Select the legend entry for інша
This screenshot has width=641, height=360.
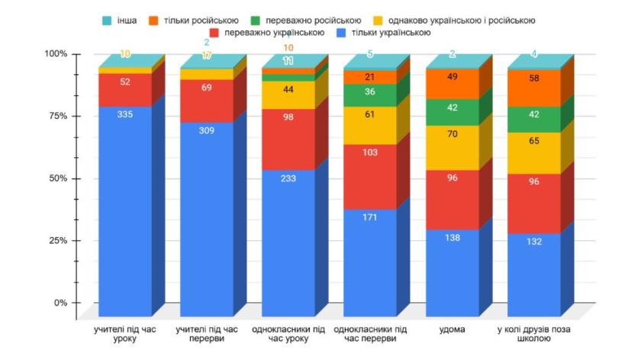tap(121, 20)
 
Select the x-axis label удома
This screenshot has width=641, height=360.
tap(453, 329)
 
